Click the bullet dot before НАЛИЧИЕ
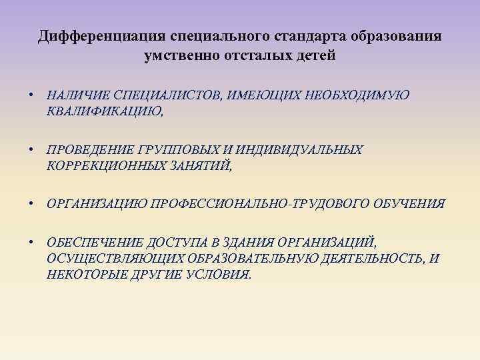(31, 96)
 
